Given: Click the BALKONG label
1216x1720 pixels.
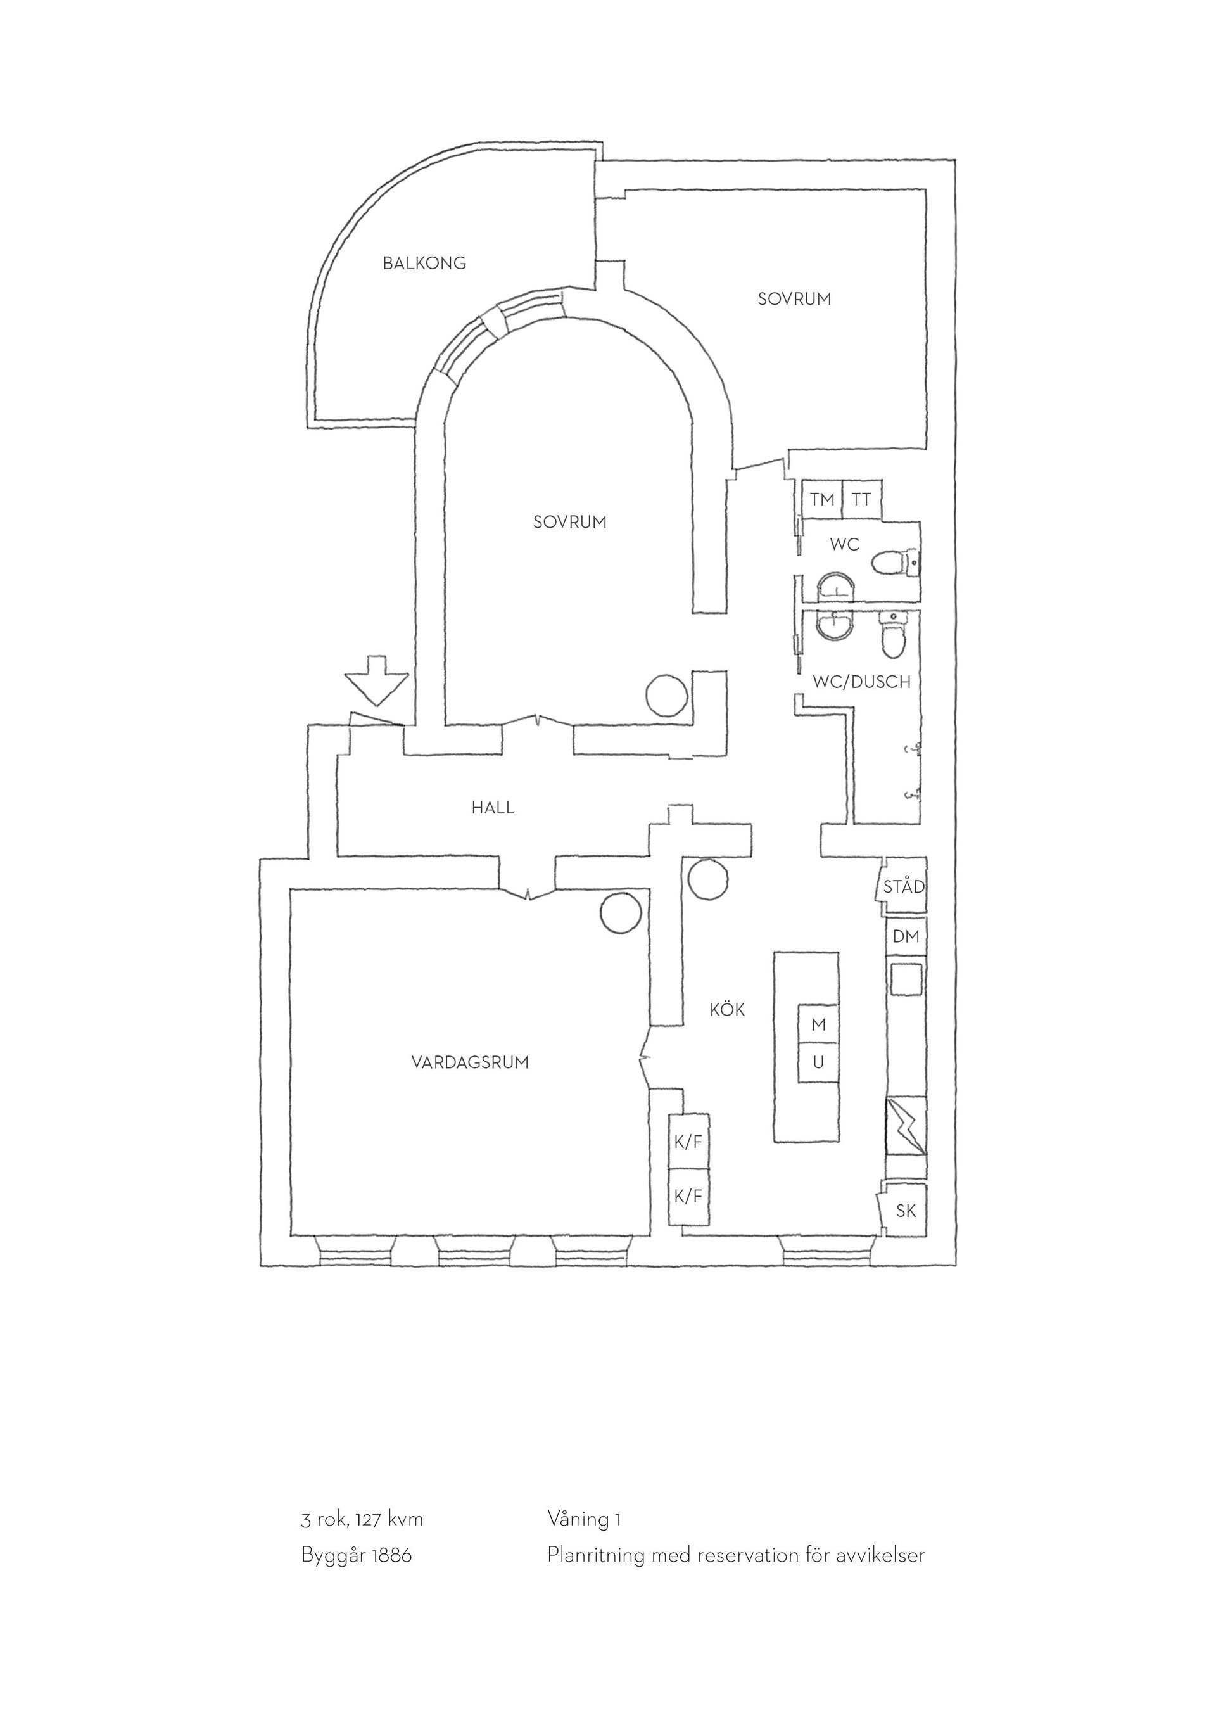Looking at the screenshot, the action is click(424, 263).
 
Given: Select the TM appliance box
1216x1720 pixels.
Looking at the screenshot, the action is click(822, 500).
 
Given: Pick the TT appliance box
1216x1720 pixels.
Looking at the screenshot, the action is click(862, 500).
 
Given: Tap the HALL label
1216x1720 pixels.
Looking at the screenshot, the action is click(493, 808).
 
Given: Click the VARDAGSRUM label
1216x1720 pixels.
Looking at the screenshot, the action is click(470, 1062).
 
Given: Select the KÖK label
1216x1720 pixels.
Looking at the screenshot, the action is click(728, 1010).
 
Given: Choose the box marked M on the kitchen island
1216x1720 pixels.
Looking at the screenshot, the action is click(818, 1024).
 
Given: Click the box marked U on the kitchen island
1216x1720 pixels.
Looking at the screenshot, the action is click(818, 1062).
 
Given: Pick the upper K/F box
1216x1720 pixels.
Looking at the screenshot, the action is click(688, 1142).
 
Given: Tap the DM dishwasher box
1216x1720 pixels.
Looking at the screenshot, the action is click(906, 936).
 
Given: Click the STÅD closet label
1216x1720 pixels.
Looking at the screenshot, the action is click(904, 887).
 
